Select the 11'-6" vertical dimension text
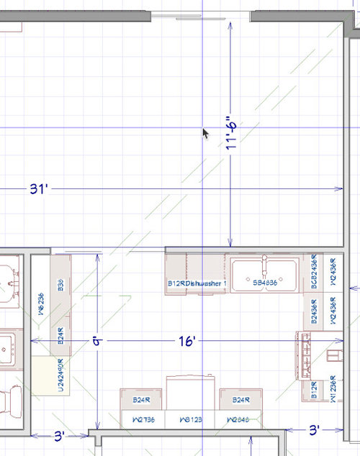[230, 134]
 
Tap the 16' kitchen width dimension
[186, 341]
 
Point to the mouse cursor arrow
[205, 133]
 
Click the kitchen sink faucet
[264, 265]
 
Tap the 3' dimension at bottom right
[314, 430]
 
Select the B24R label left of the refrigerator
[141, 400]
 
